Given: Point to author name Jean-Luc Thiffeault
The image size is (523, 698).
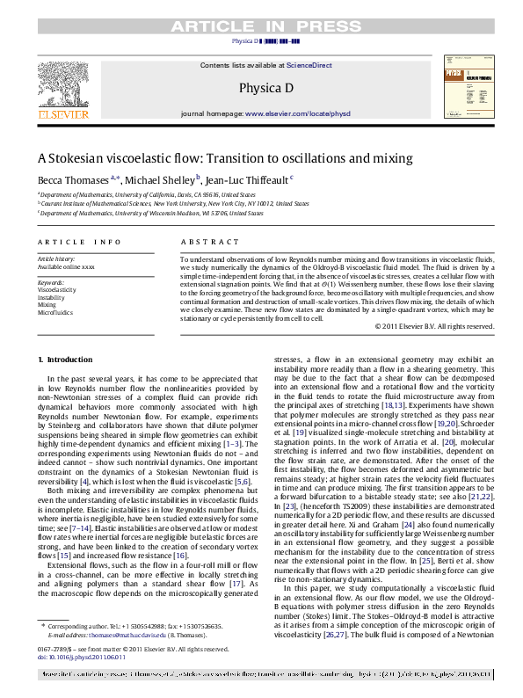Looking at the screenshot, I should pos(250,178).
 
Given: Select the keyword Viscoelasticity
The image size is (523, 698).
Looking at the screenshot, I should pos(56,289).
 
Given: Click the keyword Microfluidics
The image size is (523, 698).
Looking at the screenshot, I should pos(54,312).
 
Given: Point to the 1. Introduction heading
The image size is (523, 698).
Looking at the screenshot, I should pos(66,360).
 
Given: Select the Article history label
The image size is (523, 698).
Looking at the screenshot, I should pos(57,259).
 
